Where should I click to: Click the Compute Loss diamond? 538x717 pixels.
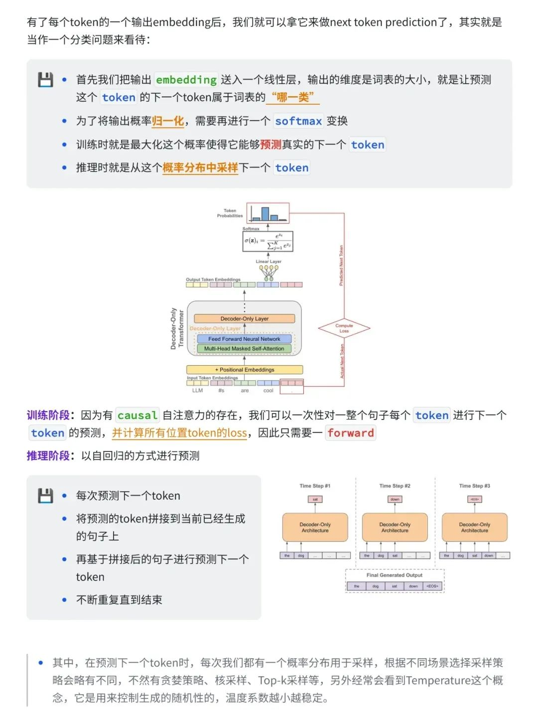344,328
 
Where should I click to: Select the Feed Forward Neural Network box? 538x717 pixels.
244,339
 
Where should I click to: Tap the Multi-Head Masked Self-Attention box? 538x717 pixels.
244,349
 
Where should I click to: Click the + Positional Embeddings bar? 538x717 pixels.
245,370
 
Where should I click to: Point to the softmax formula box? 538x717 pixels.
268,241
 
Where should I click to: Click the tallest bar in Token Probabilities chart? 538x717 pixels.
265,214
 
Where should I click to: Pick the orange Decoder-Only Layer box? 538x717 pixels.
244,318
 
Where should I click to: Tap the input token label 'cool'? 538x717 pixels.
268,391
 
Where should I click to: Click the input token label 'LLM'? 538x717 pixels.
197,391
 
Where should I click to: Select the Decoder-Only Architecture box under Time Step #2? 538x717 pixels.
395,527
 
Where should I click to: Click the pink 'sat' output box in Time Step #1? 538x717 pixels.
315,499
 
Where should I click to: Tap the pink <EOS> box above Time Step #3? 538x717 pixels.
475,499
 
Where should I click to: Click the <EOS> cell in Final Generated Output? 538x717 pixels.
432,586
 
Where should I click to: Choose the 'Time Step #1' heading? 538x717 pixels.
315,486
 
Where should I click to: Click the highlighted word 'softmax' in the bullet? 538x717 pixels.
298,121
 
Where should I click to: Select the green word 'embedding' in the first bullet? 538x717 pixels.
186,80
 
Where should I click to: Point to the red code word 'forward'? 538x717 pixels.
351,433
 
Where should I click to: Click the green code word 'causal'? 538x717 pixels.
137,416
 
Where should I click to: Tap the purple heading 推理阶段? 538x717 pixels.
48,456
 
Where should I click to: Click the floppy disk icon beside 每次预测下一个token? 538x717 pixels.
45,496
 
